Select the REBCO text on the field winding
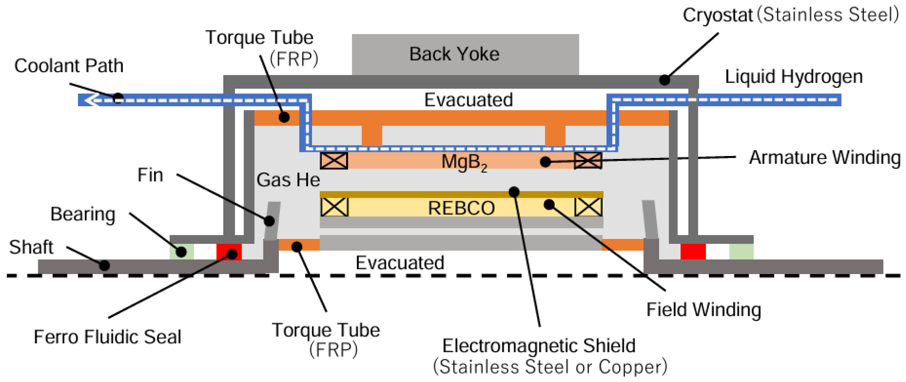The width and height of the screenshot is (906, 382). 461,208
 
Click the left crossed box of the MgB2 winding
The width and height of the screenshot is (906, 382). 334,160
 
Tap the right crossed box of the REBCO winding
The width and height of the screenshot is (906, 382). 588,207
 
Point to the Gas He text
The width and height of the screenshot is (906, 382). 288,180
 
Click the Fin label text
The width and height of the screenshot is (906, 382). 150,175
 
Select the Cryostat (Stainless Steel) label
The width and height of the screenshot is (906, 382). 790,15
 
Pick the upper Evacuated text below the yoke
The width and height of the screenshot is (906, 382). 468,100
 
